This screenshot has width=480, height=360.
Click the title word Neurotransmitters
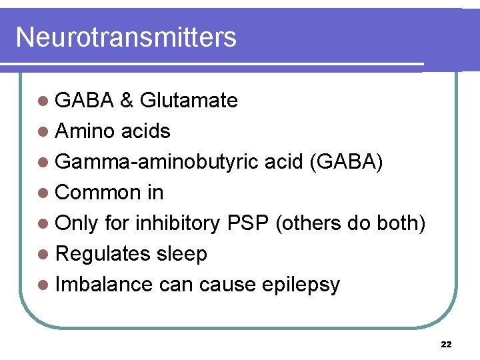[x=126, y=37]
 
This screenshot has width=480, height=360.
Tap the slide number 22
[x=447, y=345]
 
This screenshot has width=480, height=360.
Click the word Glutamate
[x=189, y=101]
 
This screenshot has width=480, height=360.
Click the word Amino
[x=85, y=131]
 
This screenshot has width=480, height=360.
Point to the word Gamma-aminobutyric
[x=157, y=162]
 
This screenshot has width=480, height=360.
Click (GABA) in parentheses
[x=345, y=162]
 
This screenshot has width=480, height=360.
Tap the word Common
[x=98, y=193]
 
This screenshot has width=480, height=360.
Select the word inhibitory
[x=177, y=223]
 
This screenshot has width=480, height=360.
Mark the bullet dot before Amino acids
[x=43, y=132]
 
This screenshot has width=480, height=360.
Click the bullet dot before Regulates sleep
[x=43, y=255]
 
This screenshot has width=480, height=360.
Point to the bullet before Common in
[x=43, y=193]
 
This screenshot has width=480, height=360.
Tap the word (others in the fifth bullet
[x=307, y=223]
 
